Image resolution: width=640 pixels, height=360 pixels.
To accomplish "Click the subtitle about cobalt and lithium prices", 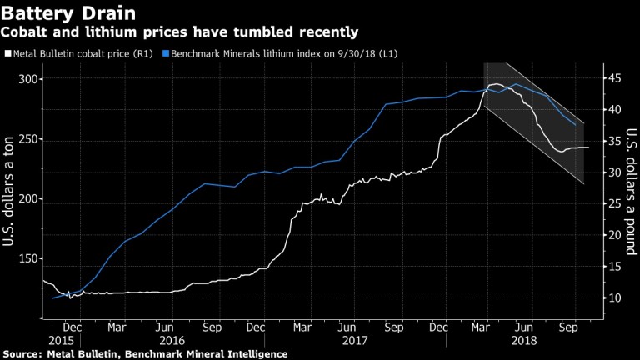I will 180,32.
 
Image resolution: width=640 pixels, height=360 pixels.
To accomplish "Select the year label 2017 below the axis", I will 355,340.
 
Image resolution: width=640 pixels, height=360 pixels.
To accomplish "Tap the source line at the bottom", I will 145,354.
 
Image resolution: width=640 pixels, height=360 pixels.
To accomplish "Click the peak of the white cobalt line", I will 496,84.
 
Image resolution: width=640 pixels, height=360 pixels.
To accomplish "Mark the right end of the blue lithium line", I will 575,125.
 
